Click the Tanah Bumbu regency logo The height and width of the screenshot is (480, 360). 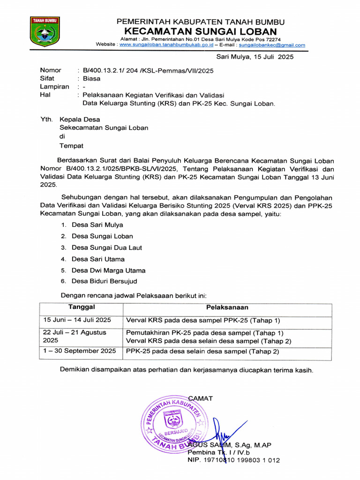coord(45,32)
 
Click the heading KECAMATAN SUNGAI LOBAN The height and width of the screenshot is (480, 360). coord(200,31)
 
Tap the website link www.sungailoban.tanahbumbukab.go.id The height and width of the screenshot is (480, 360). coord(166,45)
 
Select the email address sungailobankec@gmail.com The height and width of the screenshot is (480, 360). coord(272,45)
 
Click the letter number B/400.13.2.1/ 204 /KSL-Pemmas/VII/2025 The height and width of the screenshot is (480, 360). coord(148,71)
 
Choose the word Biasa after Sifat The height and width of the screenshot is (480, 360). coord(91,79)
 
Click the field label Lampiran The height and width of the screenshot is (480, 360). coord(54,87)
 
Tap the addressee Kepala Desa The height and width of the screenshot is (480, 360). coord(79,120)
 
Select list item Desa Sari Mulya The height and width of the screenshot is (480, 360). coord(97,225)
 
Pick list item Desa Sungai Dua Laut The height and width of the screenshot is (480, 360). coord(106,247)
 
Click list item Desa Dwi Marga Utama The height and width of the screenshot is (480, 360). coord(108,270)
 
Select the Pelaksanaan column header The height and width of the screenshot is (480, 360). coord(227,307)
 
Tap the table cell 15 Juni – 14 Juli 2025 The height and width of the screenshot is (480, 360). coord(77,320)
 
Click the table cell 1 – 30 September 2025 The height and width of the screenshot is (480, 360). coord(79,351)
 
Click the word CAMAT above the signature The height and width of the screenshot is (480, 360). coord(200,398)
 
